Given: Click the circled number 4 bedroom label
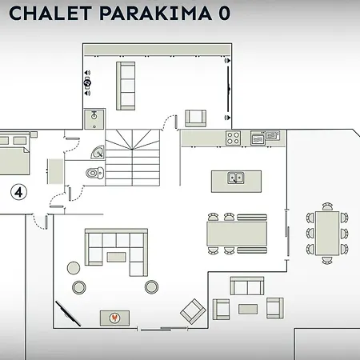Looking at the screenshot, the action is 18,192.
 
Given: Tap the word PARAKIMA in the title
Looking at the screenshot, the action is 156,13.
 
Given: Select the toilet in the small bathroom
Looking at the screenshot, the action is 95,173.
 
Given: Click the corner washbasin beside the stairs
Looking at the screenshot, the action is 98,152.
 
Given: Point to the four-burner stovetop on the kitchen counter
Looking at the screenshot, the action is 233,138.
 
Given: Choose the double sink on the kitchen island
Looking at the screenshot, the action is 236,178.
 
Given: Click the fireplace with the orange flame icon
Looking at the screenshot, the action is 114,318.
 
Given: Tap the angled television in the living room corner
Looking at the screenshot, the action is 68,314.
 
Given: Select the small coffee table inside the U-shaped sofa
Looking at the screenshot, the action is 116,257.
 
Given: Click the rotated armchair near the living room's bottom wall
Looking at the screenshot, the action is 193,311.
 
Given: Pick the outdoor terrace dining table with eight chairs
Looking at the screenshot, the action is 327,234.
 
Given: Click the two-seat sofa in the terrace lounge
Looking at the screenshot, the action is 247,286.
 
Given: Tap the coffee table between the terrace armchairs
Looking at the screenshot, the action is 248,309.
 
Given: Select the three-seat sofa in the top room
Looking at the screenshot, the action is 126,86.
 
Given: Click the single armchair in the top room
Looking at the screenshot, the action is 196,118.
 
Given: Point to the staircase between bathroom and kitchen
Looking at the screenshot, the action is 133,158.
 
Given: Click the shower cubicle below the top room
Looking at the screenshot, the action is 94,119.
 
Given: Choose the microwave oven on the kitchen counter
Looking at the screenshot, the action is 258,138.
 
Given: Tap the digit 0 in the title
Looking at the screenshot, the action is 224,14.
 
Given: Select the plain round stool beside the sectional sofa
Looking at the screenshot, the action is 74,268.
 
